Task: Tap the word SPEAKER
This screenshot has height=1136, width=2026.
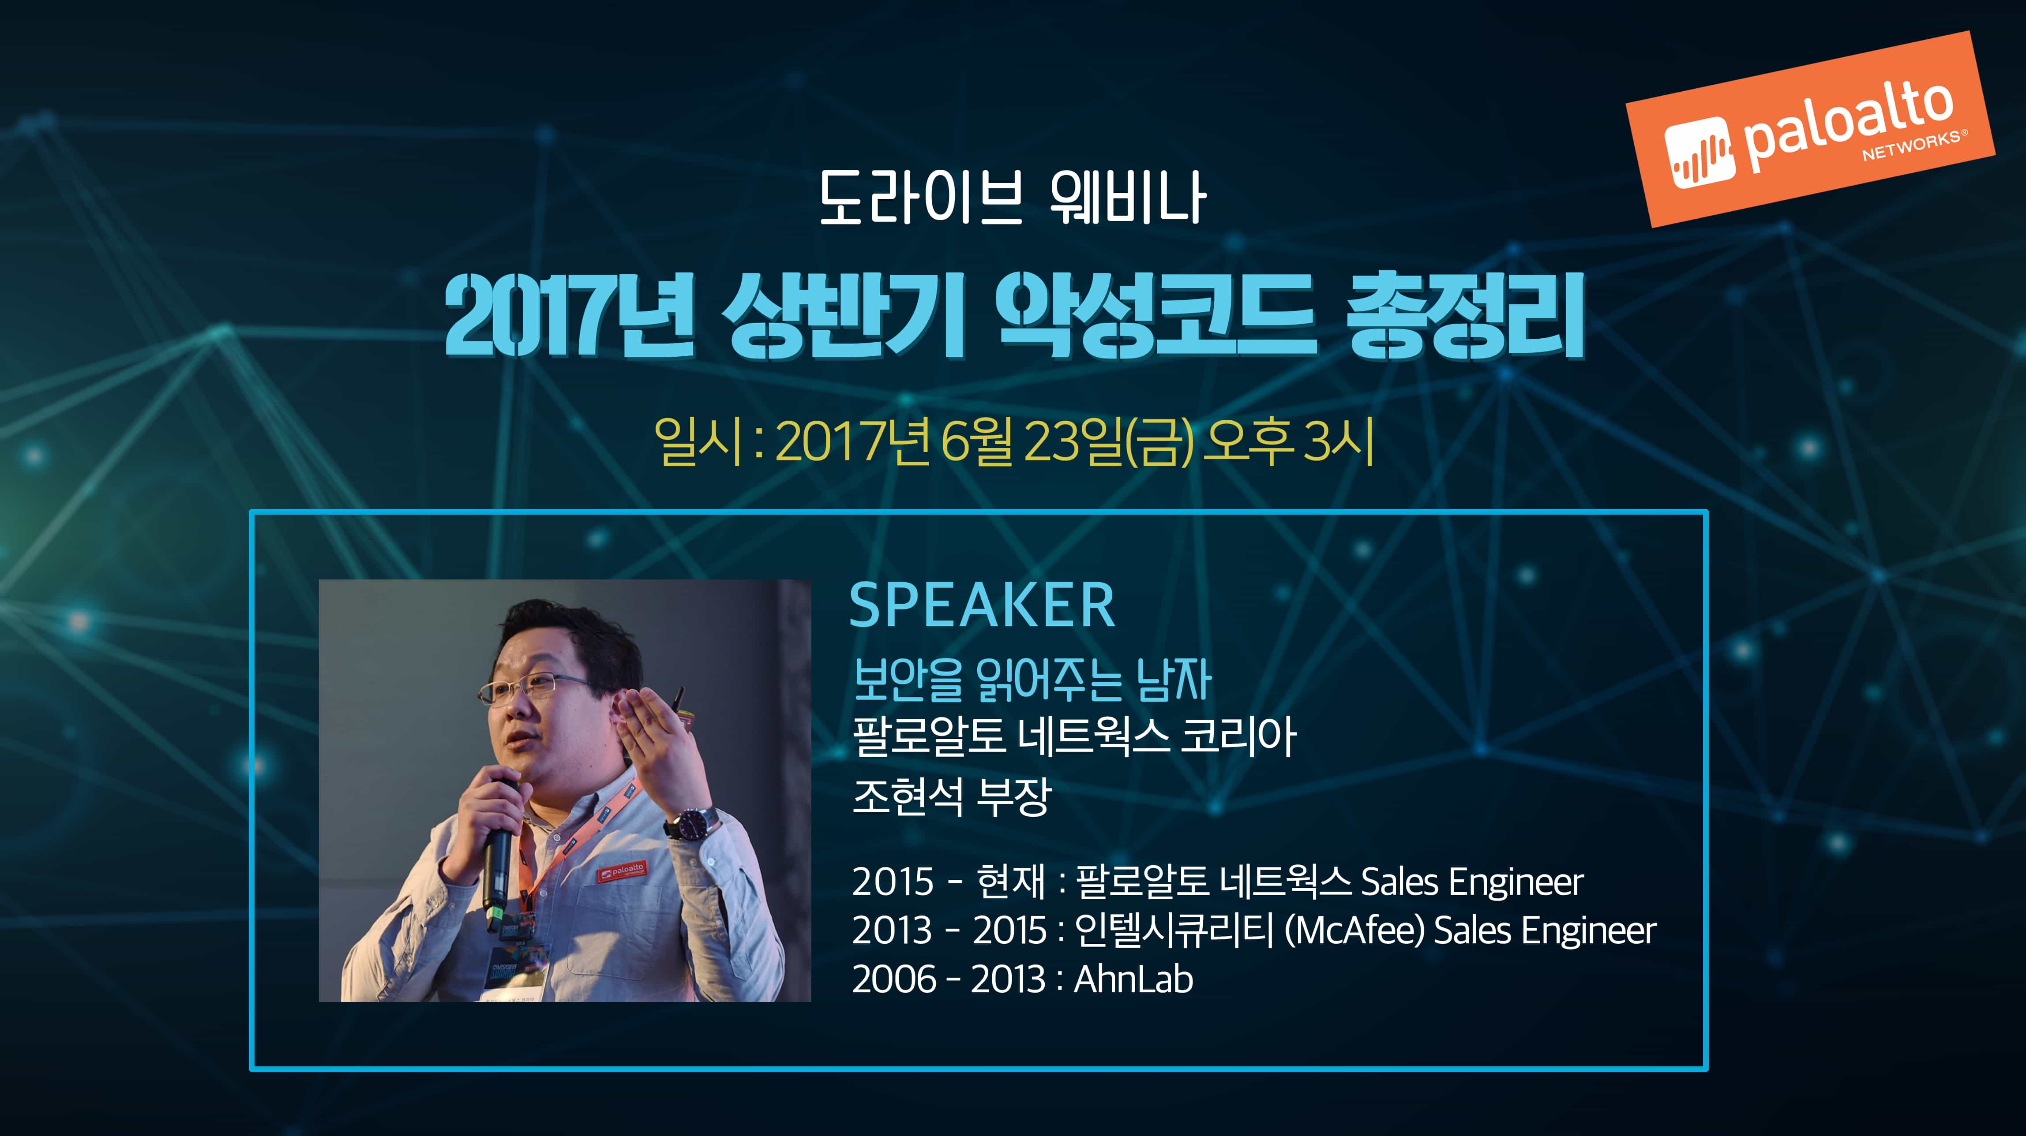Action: point(982,606)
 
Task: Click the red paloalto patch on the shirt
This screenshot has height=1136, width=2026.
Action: point(621,871)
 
